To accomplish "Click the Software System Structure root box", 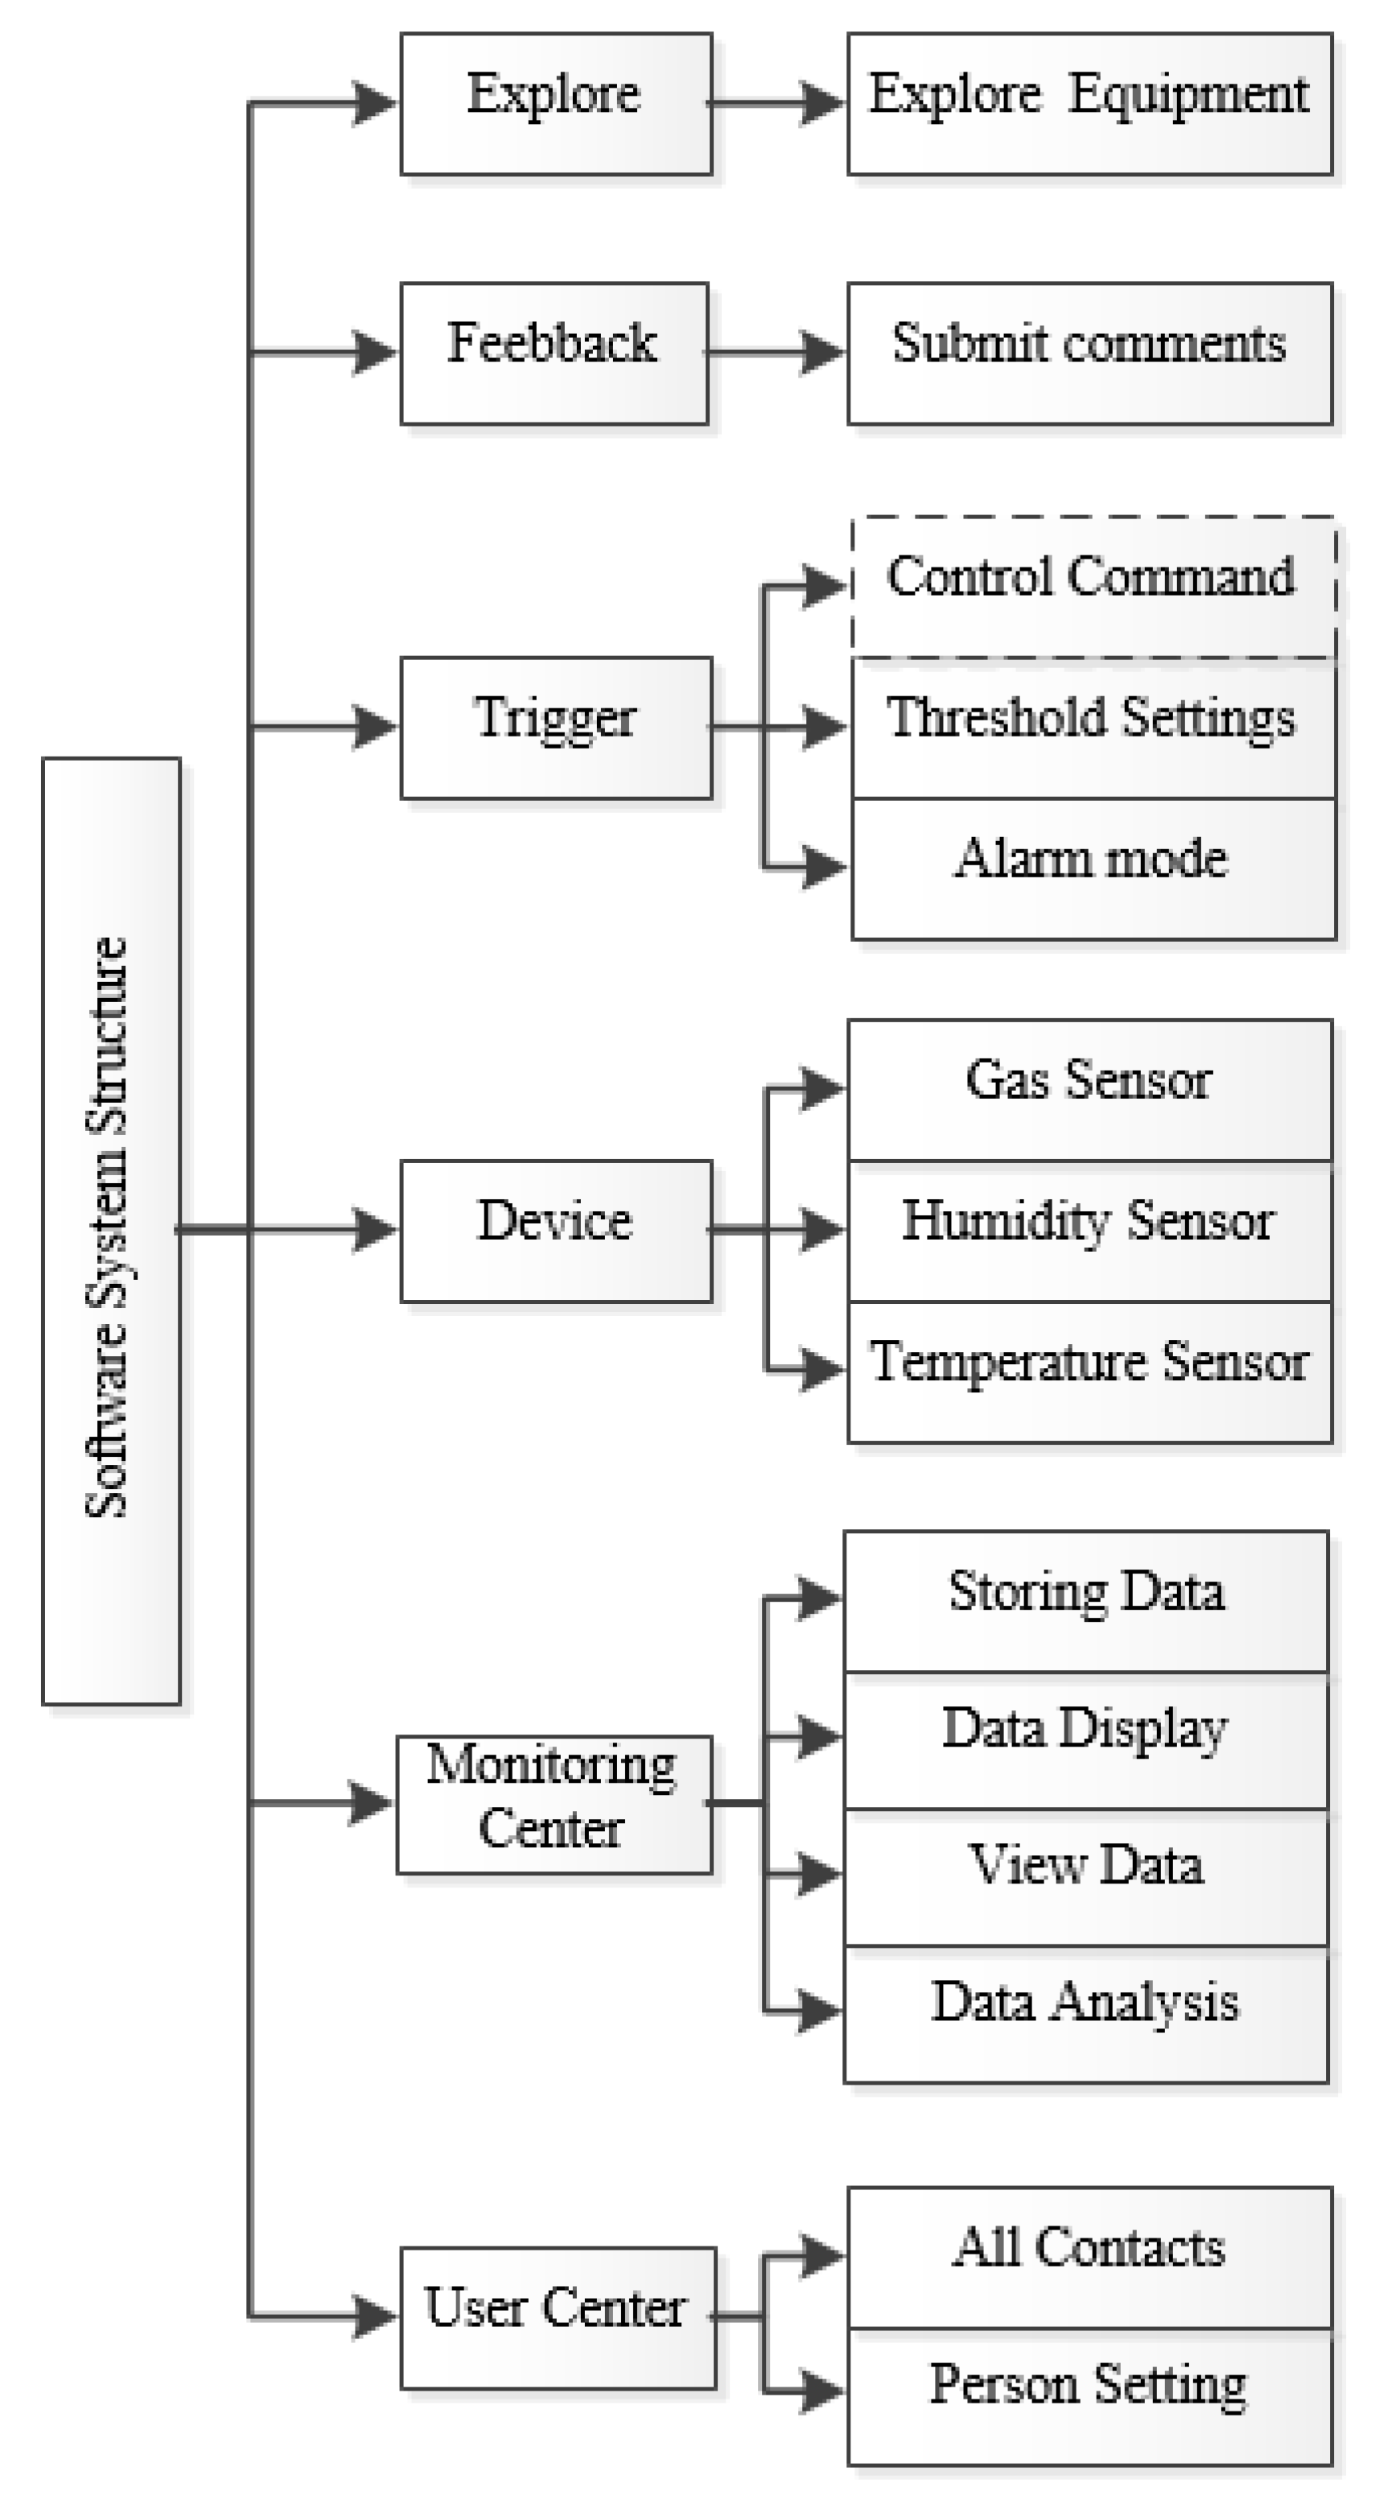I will [x=110, y=1231].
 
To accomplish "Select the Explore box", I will [x=556, y=104].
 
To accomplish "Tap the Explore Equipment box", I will [x=1089, y=104].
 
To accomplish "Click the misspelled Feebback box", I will [x=554, y=353].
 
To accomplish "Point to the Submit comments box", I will [x=1089, y=353].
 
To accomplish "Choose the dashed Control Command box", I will [x=1093, y=587].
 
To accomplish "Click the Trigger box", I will [x=556, y=728].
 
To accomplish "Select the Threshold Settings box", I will [x=1093, y=728].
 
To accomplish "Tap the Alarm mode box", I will [x=1093, y=868].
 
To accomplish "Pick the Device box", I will [x=556, y=1231].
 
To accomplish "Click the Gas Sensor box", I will [x=1089, y=1089].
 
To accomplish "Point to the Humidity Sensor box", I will [x=1089, y=1231].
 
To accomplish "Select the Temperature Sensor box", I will [x=1089, y=1372].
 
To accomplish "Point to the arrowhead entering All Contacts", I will [x=823, y=2255].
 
